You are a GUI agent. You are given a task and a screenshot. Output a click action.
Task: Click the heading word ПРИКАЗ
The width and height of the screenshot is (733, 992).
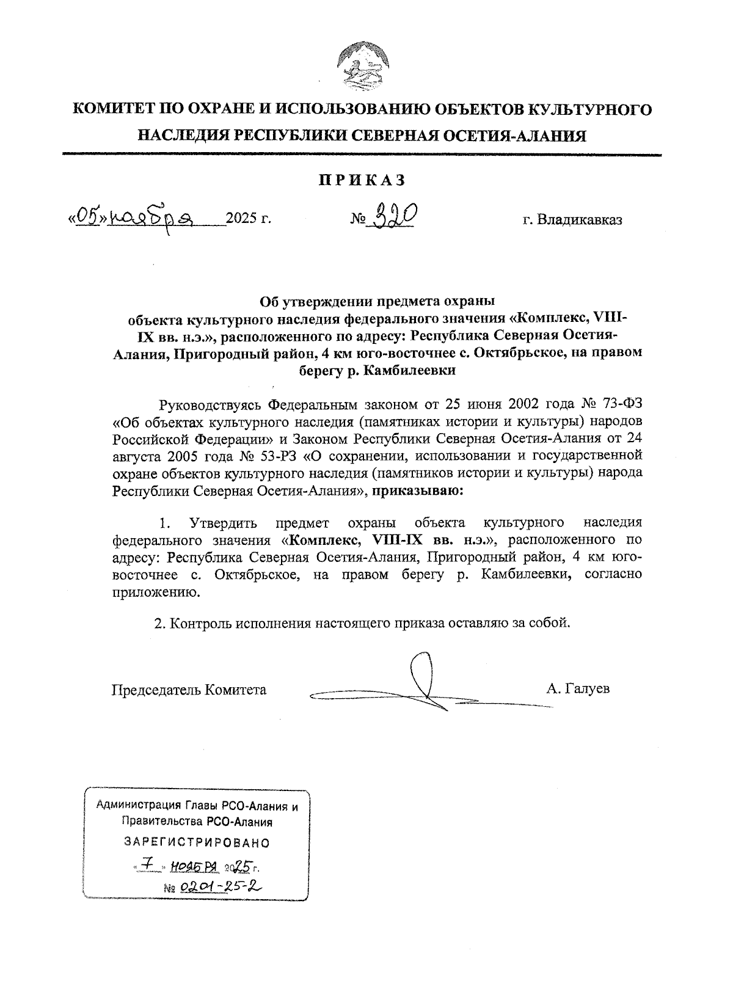(x=362, y=180)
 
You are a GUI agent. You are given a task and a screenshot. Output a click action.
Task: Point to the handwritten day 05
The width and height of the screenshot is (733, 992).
(x=89, y=217)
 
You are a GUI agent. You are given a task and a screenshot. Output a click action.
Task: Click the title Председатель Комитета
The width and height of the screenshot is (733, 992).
(x=189, y=690)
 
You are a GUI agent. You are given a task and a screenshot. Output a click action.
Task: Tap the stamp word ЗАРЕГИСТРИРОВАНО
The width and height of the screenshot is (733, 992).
(x=197, y=843)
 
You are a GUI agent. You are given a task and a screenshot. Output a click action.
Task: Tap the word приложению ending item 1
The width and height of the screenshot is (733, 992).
(x=155, y=592)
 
